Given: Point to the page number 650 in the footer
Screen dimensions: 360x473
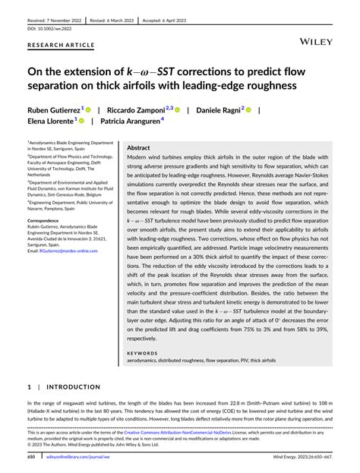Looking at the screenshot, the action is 31,458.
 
